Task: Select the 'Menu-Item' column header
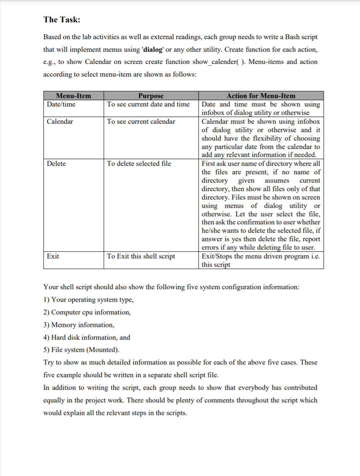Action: [x=73, y=96]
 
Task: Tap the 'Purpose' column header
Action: [x=150, y=96]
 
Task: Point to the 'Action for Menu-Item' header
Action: [x=261, y=96]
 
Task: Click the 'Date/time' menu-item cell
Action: [x=61, y=104]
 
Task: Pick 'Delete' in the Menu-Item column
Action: [x=56, y=164]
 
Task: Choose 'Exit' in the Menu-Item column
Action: [x=53, y=256]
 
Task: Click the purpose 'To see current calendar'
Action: [x=141, y=122]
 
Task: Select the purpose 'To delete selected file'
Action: [x=139, y=164]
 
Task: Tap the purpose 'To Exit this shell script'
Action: [x=141, y=256]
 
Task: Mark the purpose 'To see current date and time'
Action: [x=148, y=104]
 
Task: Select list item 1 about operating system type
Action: [x=89, y=300]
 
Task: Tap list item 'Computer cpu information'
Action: [x=87, y=312]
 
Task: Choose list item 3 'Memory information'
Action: [x=79, y=325]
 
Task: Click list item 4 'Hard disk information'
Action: [x=87, y=338]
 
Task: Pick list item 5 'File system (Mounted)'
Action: [x=81, y=350]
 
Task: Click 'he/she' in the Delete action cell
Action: [x=212, y=231]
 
